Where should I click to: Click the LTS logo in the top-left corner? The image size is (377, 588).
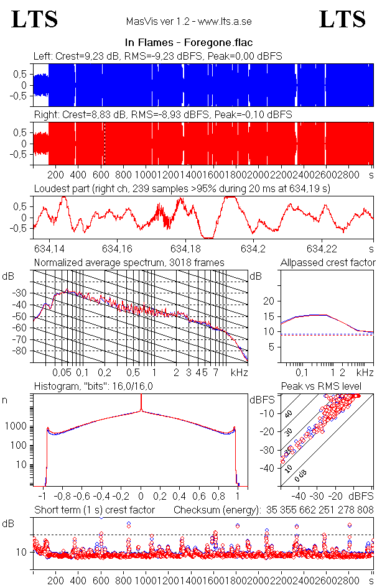pos(35,20)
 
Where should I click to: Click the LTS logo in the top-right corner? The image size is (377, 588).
pos(342,20)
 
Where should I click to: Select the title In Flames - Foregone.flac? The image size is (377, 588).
pos(188,43)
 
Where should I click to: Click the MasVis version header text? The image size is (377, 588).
pos(188,22)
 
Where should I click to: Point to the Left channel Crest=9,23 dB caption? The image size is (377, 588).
pos(158,56)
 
